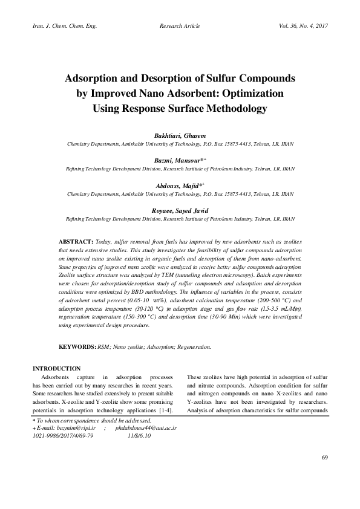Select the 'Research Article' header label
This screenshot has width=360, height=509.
click(180, 27)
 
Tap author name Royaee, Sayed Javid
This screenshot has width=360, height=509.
click(180, 210)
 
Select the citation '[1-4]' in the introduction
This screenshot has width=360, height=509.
click(167, 409)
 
